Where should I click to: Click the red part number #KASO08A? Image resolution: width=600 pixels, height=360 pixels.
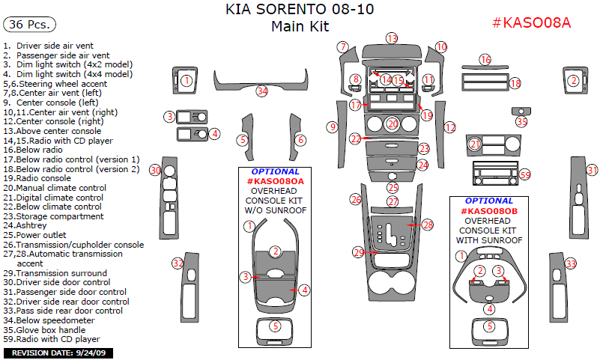(x=531, y=22)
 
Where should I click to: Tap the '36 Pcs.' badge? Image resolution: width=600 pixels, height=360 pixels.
(x=30, y=25)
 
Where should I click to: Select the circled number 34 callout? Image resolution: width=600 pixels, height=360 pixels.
(x=261, y=91)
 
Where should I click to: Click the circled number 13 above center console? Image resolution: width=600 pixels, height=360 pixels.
(x=392, y=38)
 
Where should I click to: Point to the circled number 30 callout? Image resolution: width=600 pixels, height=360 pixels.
(x=155, y=171)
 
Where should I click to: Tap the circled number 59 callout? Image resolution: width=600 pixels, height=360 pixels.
(x=524, y=174)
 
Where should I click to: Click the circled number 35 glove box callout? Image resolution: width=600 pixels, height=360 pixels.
(x=521, y=121)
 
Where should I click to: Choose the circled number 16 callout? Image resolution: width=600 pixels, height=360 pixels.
(x=485, y=59)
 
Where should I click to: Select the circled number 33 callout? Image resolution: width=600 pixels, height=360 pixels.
(x=571, y=263)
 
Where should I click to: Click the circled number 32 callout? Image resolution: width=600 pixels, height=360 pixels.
(x=178, y=263)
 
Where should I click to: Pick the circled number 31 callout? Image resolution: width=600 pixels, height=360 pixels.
(x=592, y=171)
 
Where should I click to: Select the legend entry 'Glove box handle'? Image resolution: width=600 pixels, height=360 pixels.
(x=49, y=329)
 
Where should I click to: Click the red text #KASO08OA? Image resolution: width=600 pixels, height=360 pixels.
(x=276, y=181)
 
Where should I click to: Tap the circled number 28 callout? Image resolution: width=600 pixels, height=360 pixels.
(x=428, y=225)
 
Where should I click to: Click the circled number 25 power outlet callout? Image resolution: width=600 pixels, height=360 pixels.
(x=393, y=188)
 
